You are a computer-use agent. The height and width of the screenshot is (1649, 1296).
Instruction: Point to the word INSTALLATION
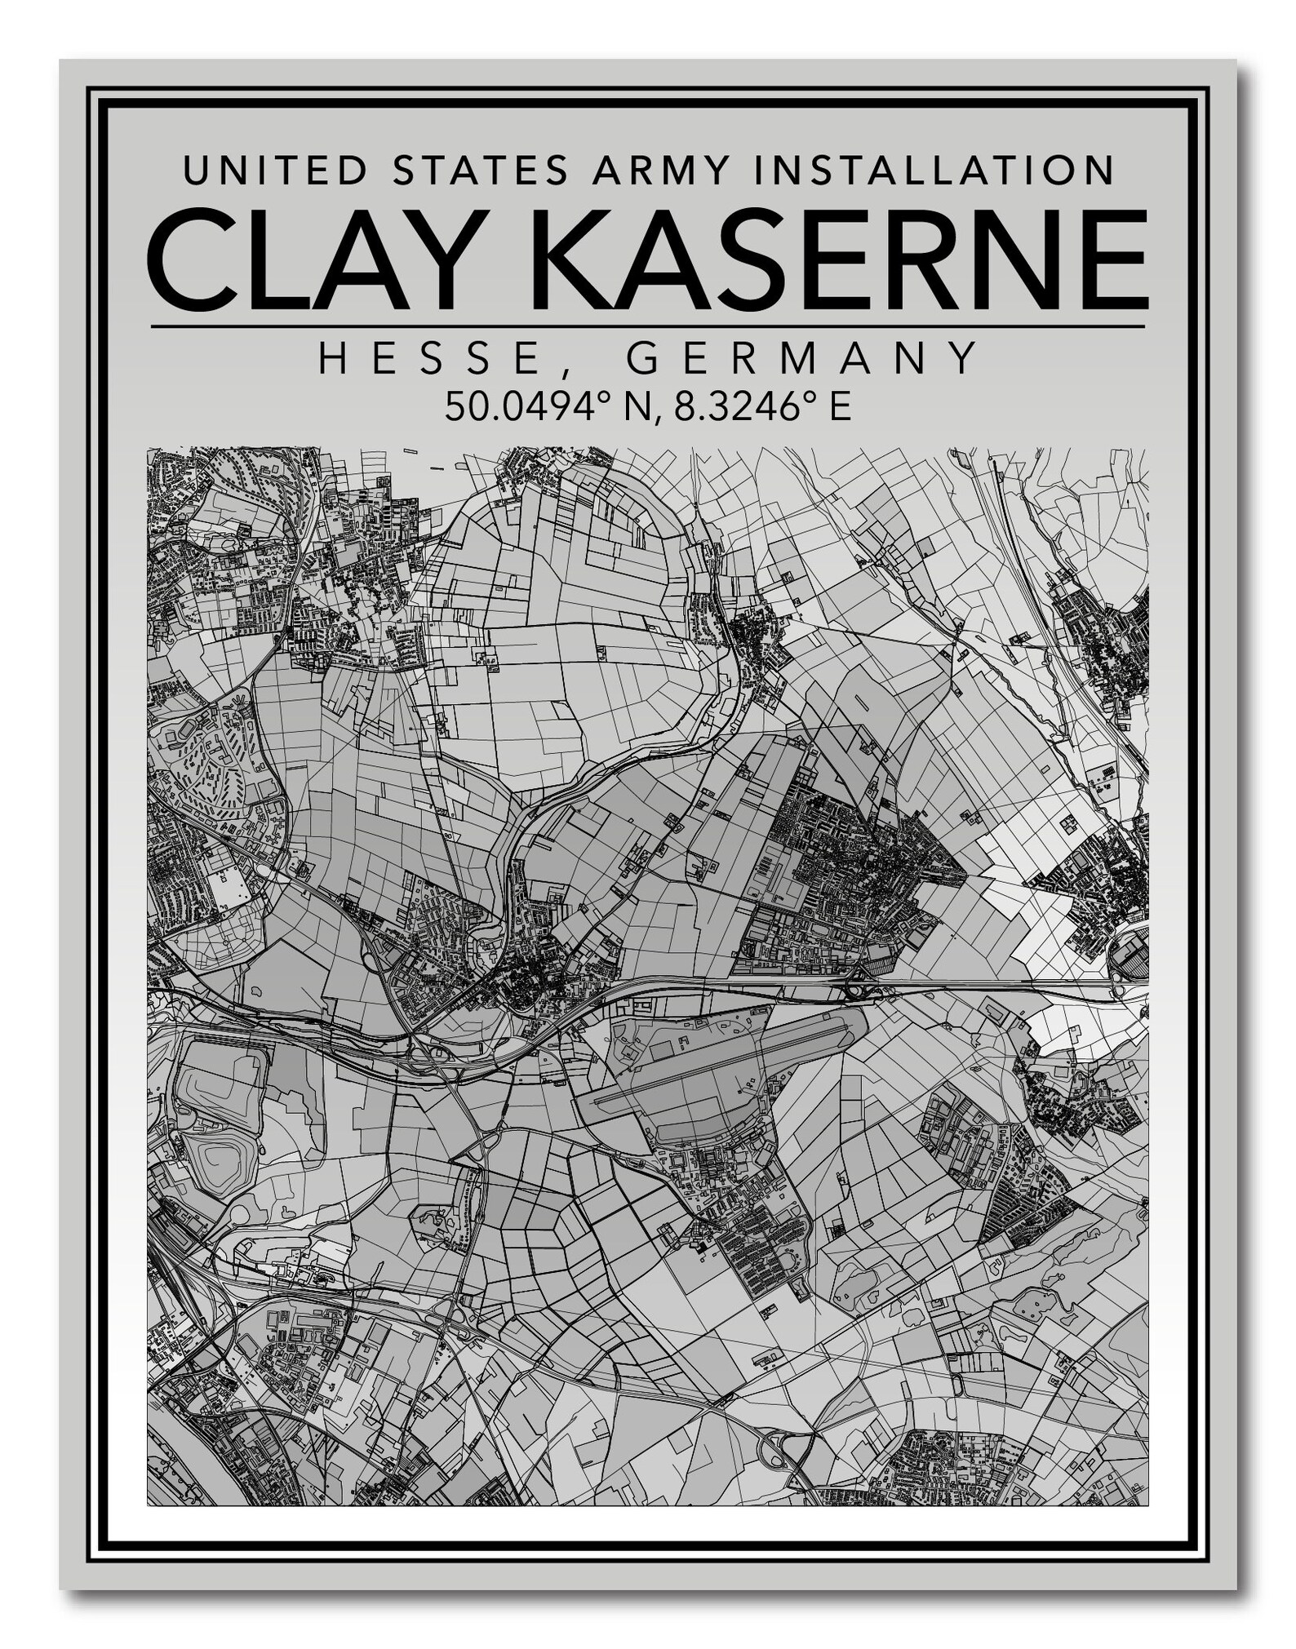(x=931, y=171)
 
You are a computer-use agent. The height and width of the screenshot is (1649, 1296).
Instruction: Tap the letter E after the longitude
(x=840, y=406)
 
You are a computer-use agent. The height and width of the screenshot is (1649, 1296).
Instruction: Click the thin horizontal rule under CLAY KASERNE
(x=648, y=327)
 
